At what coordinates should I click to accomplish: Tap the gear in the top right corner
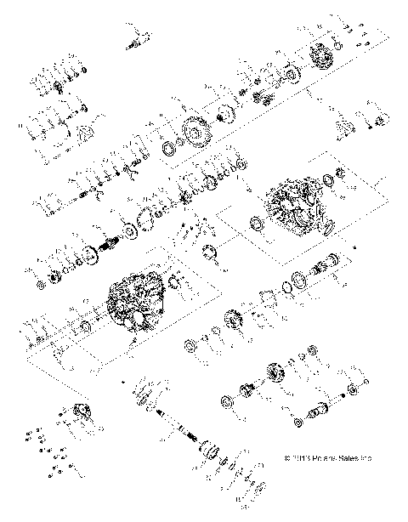[323, 57]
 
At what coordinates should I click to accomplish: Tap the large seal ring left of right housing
[254, 224]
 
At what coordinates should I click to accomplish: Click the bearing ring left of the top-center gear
[169, 150]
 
